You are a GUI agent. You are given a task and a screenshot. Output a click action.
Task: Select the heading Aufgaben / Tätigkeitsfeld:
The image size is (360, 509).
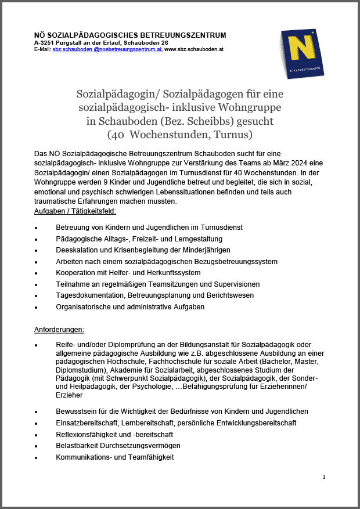click(75, 211)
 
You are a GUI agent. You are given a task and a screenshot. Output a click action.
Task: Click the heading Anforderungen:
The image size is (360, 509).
click(59, 330)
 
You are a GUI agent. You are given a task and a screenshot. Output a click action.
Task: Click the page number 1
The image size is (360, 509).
click(324, 477)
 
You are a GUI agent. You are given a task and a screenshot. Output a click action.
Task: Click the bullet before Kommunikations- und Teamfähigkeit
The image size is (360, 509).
click(37, 457)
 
